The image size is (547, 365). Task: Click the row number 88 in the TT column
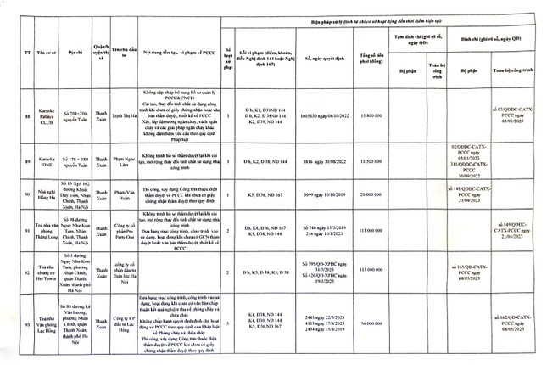(x=19, y=115)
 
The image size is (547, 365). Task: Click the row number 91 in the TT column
(x=19, y=229)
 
